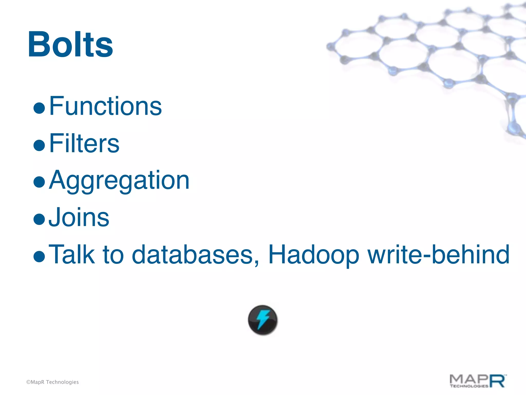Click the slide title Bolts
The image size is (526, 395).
[70, 44]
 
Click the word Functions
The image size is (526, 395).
[105, 106]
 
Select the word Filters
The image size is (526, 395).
[84, 143]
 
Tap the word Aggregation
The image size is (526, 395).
[119, 181]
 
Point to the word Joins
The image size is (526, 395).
[79, 218]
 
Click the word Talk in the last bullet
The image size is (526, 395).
[72, 255]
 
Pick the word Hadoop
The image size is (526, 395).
[314, 255]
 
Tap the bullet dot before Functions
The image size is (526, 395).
[39, 108]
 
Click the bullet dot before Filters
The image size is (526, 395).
[39, 145]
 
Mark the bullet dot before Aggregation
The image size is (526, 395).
[39, 182]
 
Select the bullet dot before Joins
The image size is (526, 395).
[39, 219]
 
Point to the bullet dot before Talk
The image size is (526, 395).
[39, 256]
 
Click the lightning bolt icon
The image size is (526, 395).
[263, 320]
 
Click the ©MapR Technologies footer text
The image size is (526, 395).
[52, 382]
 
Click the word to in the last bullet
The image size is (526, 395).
[113, 255]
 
